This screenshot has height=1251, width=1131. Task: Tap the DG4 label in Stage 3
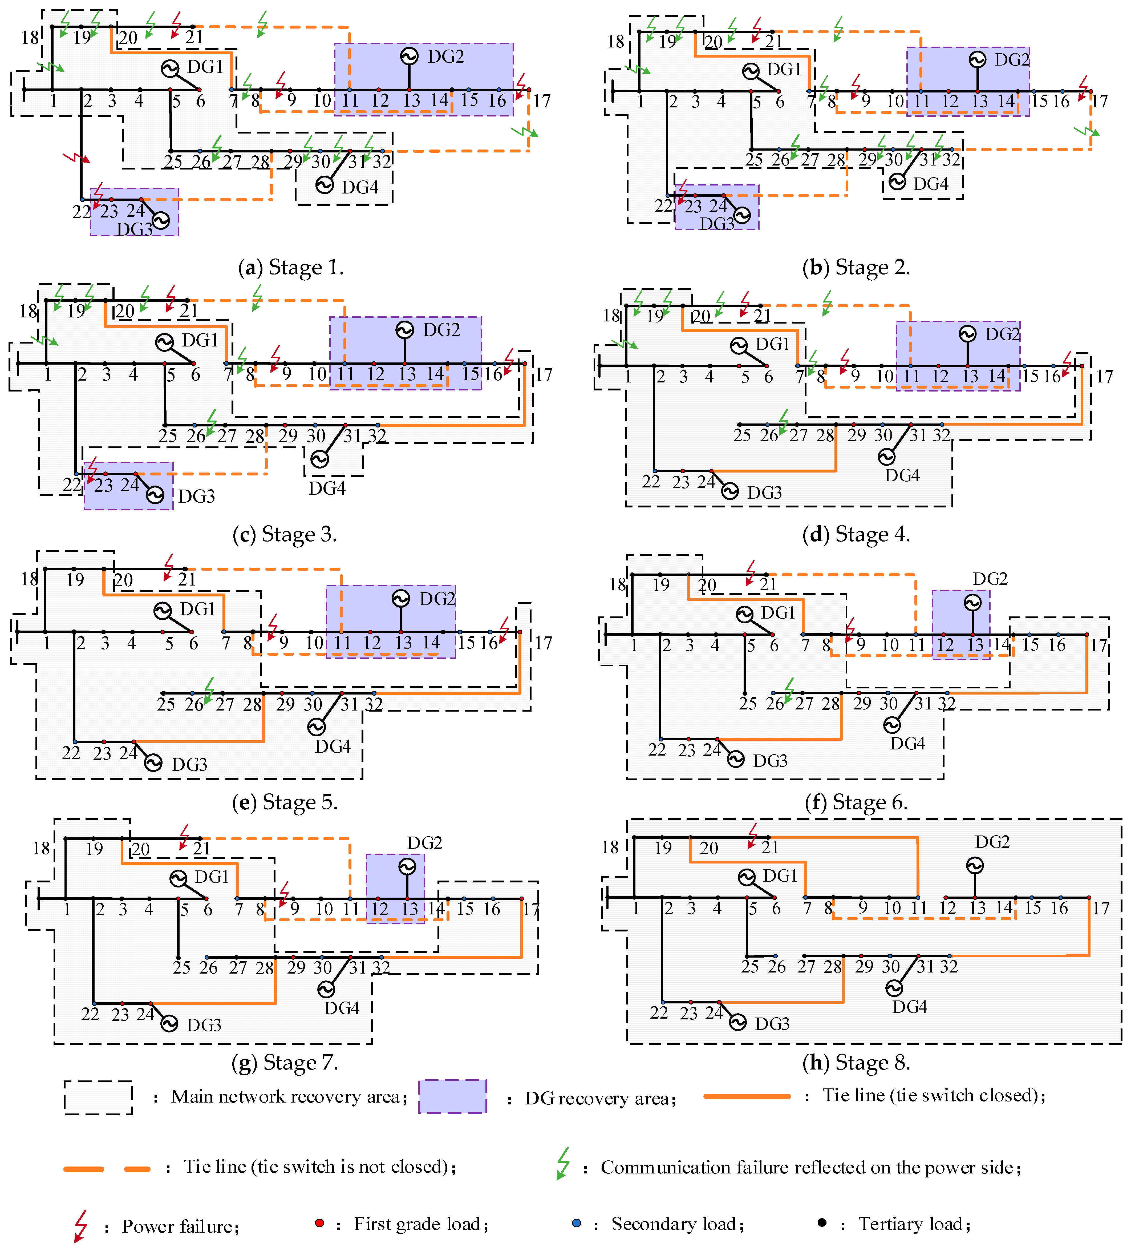(x=327, y=488)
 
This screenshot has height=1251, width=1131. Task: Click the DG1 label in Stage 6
(x=778, y=613)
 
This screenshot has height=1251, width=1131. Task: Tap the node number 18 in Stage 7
(x=41, y=848)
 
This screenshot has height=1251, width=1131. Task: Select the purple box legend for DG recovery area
(x=452, y=1096)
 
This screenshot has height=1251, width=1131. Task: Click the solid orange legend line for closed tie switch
(x=747, y=1096)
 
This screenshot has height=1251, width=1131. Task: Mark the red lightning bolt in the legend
(x=80, y=1226)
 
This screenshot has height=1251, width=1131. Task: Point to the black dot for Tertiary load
(x=822, y=1222)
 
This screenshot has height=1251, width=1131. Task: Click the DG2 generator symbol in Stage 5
(x=401, y=598)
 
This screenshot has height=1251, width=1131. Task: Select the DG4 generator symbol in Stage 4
(x=887, y=457)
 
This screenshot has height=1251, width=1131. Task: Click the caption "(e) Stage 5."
(x=285, y=802)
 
